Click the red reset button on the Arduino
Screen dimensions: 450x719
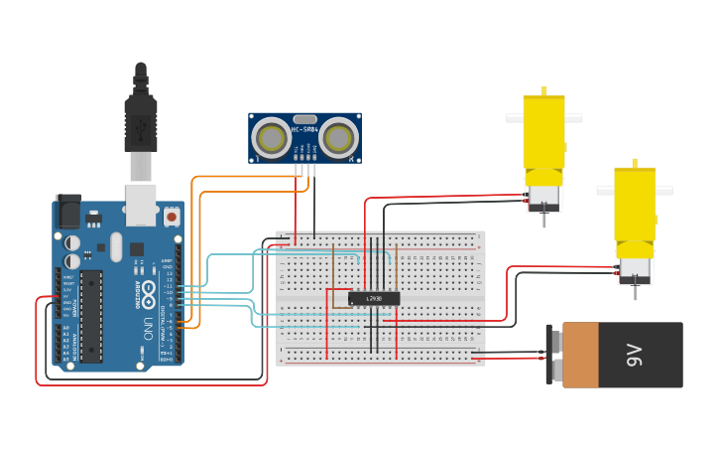[x=172, y=215]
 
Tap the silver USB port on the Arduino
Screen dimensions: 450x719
[x=141, y=203]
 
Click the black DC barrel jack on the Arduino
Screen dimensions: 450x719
[x=67, y=211]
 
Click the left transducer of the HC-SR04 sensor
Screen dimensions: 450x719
[x=270, y=136]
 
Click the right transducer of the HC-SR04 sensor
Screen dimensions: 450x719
[x=339, y=136]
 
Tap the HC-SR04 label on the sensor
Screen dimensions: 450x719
[x=304, y=129]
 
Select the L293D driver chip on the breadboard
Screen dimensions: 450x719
[x=374, y=298]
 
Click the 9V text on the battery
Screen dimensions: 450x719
[x=636, y=355]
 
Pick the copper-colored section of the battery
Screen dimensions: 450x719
[x=580, y=355]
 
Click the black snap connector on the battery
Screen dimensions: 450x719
[x=551, y=355]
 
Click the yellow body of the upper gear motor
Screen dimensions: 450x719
[x=543, y=134]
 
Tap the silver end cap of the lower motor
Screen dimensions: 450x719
[x=634, y=267]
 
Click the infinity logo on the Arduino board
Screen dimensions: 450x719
[x=149, y=294]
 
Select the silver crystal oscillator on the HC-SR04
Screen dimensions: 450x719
[x=304, y=118]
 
